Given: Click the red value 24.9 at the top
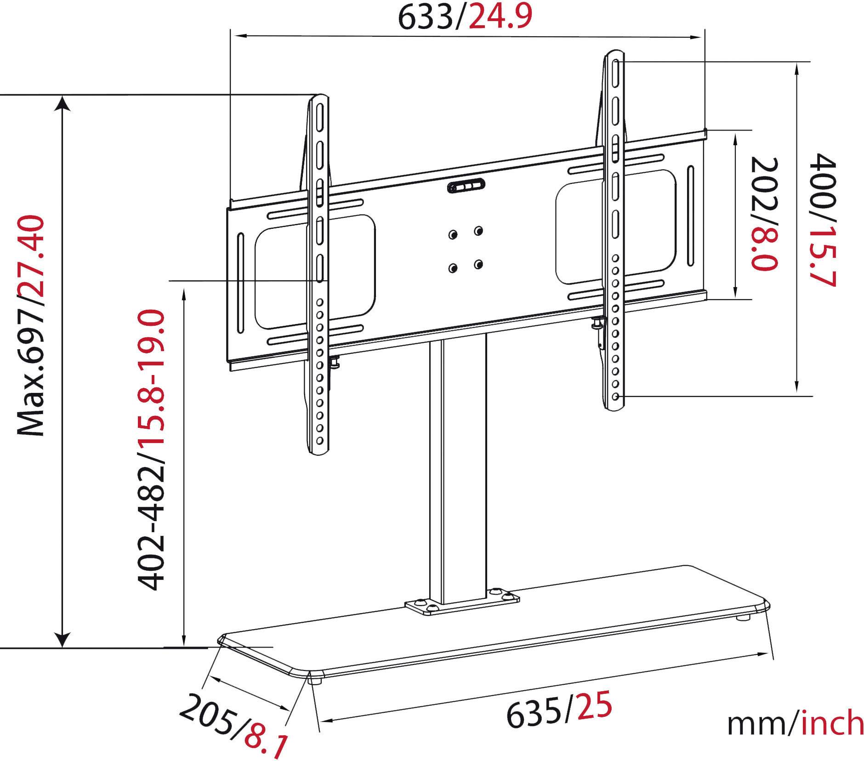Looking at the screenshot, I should [500, 17].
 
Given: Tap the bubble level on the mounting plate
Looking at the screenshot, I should [466, 186].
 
